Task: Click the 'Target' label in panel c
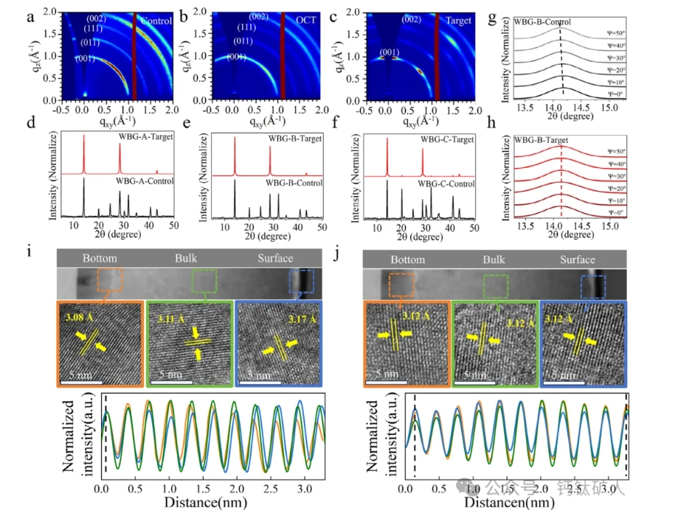click(458, 21)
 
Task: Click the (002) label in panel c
click(412, 20)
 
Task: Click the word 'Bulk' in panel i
click(187, 258)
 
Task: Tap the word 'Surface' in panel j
click(577, 259)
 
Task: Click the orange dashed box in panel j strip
click(402, 285)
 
